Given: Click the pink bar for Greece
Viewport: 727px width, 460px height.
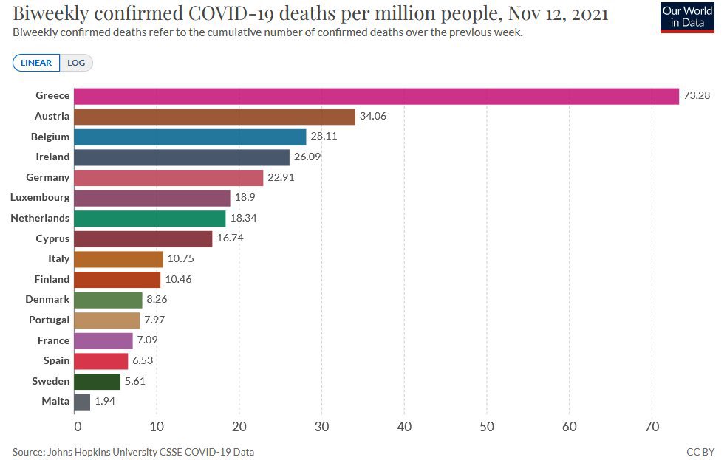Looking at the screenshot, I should [x=376, y=96].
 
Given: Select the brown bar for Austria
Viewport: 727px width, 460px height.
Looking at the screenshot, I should [x=214, y=117].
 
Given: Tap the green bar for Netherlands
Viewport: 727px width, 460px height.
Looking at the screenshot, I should [x=150, y=219].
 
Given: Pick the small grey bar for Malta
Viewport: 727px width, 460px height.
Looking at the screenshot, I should [x=82, y=402].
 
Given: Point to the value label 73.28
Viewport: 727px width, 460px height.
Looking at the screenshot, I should [x=697, y=96].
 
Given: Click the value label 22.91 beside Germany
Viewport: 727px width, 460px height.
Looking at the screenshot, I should [x=281, y=178].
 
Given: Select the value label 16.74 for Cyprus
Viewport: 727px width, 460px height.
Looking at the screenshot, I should [x=231, y=238].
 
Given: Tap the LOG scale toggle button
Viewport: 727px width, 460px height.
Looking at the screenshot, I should [x=76, y=63].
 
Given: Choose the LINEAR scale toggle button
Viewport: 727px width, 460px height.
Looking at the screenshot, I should [x=36, y=63].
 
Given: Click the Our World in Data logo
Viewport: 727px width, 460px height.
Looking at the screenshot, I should [x=687, y=17].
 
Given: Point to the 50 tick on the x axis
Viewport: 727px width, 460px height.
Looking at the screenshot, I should [x=486, y=426].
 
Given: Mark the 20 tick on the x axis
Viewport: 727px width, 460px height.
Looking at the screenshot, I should [x=239, y=426].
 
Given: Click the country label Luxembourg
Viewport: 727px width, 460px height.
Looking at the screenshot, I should [x=40, y=198].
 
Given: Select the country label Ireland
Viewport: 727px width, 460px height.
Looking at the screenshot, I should [x=52, y=157].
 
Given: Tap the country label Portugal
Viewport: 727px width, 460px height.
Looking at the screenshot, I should [x=50, y=320].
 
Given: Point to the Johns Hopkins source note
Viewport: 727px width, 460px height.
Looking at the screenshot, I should [x=133, y=451].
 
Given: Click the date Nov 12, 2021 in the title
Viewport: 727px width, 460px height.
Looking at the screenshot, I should [x=550, y=13].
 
